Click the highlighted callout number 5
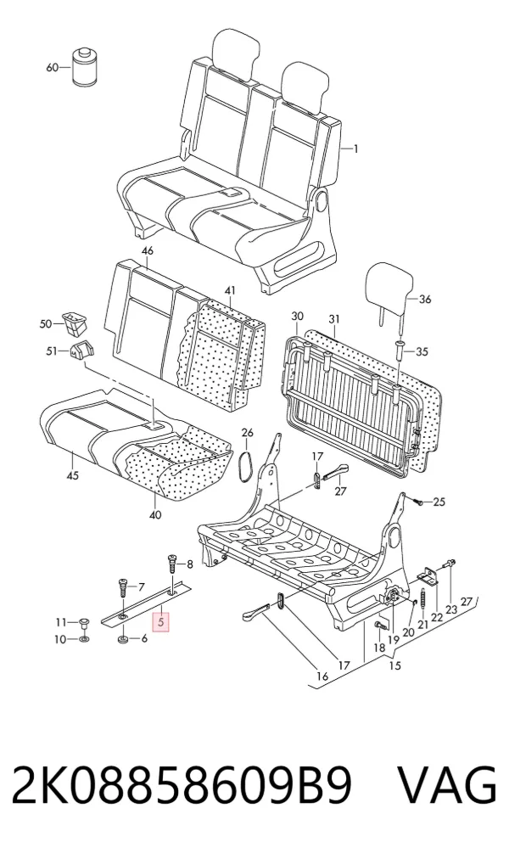coord(161,621)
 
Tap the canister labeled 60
coord(84,66)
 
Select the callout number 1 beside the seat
coord(355,148)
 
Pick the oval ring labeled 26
coord(245,465)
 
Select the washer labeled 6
coord(122,638)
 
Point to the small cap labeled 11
coord(84,622)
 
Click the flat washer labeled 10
coord(84,638)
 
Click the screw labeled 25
coord(417,501)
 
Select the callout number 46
coord(148,250)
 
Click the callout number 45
coord(72,475)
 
